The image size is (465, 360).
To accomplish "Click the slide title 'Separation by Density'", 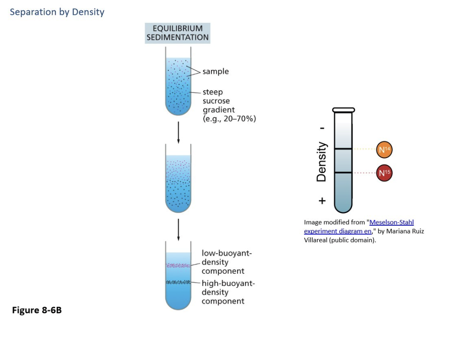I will pos(57,12).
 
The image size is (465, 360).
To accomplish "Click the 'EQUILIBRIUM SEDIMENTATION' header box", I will pos(177,33).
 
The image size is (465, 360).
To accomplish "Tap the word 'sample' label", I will pos(216,71).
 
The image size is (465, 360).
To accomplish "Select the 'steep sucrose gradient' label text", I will pos(219,101).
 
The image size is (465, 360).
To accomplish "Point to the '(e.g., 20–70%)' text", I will pos(229,119).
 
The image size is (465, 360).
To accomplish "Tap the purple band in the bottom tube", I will pos(178,266).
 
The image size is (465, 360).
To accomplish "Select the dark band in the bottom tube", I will pos(178,282).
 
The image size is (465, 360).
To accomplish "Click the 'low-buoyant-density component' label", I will pos(226,262).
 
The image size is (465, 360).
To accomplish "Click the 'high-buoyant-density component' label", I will pos(228,292).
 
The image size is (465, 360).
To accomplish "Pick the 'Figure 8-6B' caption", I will pos(37,310).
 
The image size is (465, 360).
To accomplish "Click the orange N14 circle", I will pos(384,149).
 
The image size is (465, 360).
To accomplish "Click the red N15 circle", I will pos(384,173).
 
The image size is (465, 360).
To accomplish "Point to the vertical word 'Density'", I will pos(321,161).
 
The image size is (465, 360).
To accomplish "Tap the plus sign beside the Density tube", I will pos(322,201).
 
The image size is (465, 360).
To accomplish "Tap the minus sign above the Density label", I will pos(322,129).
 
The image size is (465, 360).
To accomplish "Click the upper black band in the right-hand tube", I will pos(343,149).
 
